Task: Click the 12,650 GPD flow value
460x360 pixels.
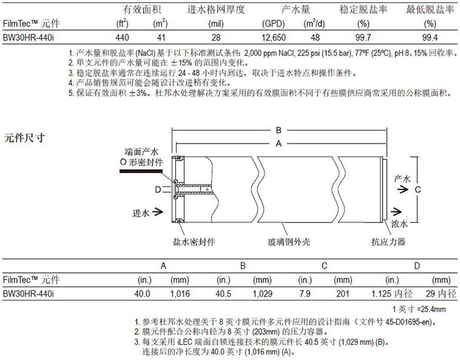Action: pos(274,37)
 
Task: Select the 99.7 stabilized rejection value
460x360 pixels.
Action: pos(363,37)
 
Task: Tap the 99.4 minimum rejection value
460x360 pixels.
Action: pos(430,37)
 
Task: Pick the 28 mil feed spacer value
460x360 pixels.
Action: pos(216,37)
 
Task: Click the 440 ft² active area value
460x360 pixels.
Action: pos(122,37)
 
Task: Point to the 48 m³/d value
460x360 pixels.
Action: pos(315,37)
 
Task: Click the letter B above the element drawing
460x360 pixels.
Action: pos(278,130)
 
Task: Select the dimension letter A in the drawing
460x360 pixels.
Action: pos(278,144)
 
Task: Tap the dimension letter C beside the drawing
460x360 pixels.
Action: pos(418,190)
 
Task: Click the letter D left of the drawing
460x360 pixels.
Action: pos(158,190)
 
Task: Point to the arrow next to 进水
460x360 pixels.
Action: pos(158,212)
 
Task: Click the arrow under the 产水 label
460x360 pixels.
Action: pos(403,190)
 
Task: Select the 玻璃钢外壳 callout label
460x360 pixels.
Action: pos(289,242)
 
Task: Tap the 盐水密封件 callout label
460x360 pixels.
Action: pos(194,242)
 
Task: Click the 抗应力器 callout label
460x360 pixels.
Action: pos(388,242)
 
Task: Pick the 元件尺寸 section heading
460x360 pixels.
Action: pos(25,137)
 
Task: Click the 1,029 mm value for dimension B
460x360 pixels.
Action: pos(263,294)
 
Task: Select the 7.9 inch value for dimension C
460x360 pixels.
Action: pos(305,294)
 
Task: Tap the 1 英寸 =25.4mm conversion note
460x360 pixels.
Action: pos(419,309)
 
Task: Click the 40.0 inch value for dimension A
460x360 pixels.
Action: pos(142,294)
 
